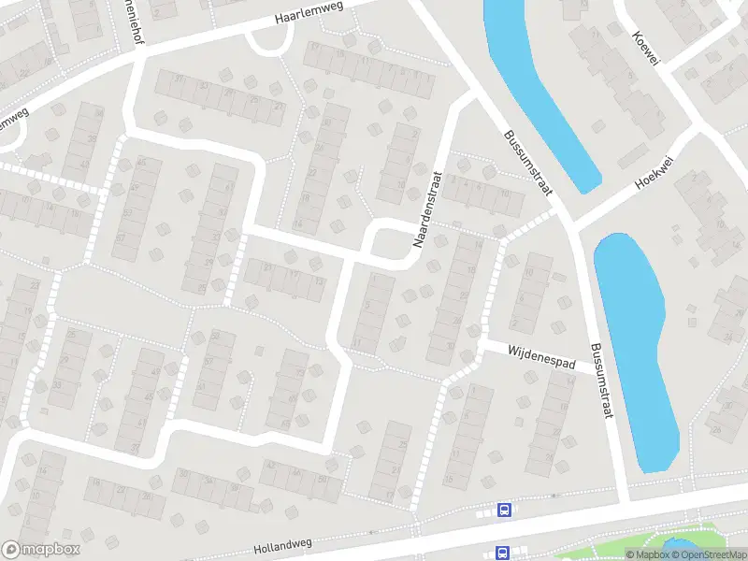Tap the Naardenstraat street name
(426, 208)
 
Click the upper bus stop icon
(505, 511)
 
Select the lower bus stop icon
(503, 553)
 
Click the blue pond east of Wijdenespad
(636, 346)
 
